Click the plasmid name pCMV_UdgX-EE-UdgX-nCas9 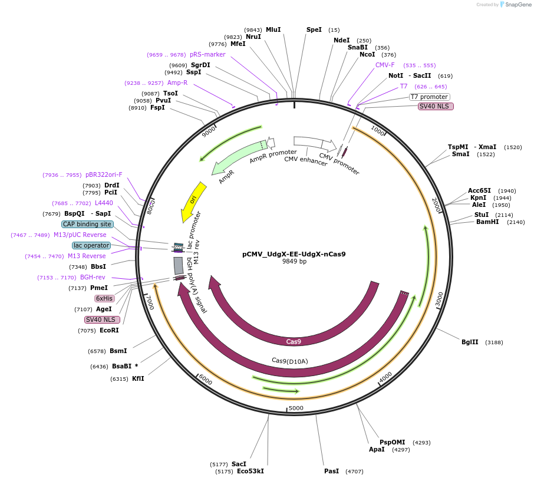(294, 255)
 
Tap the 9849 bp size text (294, 262)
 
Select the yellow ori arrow (194, 202)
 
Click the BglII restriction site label (470, 342)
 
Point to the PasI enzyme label (331, 472)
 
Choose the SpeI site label (314, 29)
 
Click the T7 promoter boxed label (429, 97)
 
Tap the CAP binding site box (87, 224)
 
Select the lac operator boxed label (91, 245)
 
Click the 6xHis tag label (104, 298)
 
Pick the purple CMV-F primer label (385, 65)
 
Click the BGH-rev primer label (93, 277)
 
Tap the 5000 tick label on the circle (296, 408)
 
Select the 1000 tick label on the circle (377, 130)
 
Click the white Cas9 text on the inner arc (294, 341)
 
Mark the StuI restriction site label (482, 215)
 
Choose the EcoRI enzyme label (109, 330)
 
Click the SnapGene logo (513, 5)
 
